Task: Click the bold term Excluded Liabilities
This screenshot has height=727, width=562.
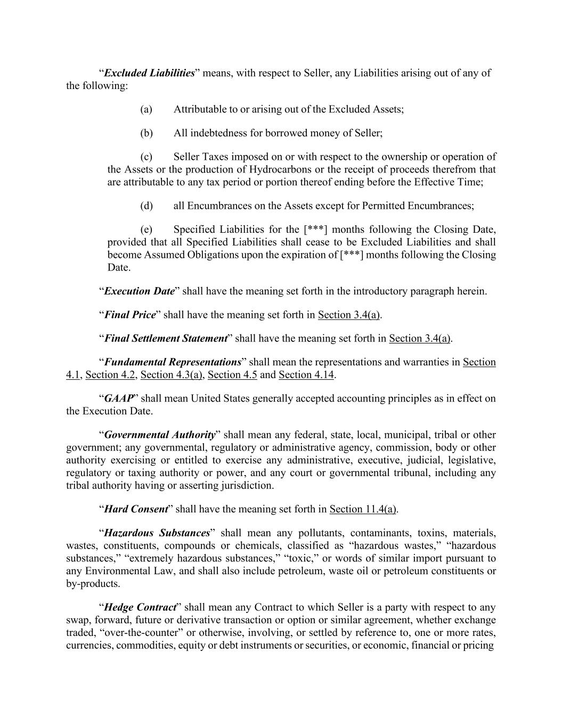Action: coord(149,73)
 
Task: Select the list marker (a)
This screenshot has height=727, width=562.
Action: coord(146,109)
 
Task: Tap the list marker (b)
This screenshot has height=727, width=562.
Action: coord(146,133)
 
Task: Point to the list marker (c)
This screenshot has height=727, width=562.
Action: coord(146,157)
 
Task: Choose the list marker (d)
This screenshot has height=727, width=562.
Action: coord(146,206)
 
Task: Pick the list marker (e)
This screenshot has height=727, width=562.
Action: coord(146,230)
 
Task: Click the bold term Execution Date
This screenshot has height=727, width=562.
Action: coord(140,291)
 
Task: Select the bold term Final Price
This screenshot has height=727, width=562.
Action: coord(130,315)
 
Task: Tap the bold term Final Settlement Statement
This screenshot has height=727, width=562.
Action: coord(166,338)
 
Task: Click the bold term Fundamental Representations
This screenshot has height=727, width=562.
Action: coord(173,362)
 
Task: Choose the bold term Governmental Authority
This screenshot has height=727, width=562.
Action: coord(160,435)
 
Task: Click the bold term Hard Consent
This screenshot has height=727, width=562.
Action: coord(136,509)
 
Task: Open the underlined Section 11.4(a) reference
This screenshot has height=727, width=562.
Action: coord(363,509)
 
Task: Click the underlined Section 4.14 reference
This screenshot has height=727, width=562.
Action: coord(306,375)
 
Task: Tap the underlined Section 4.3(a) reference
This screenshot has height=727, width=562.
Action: coord(171,375)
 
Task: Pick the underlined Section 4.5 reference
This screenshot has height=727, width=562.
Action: coord(232,375)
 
